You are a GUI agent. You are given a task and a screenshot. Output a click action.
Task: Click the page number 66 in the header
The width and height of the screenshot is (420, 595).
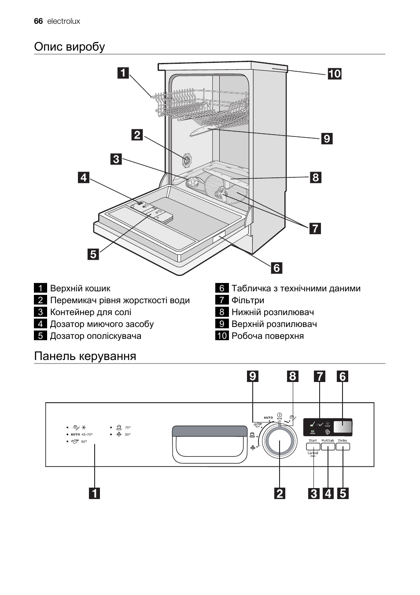(38, 21)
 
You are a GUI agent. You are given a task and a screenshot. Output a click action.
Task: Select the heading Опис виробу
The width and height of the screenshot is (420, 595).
(70, 47)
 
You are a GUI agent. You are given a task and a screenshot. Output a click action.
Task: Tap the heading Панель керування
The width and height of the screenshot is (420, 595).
(85, 356)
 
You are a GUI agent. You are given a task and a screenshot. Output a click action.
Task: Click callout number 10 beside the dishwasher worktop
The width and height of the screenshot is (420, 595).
(334, 73)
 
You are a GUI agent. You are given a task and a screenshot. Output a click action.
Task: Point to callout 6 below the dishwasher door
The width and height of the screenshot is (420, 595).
(276, 268)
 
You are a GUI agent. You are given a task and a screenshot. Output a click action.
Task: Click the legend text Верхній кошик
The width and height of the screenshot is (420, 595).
(80, 288)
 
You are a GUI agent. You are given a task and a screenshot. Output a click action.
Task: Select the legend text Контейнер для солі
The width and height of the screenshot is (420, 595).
(91, 312)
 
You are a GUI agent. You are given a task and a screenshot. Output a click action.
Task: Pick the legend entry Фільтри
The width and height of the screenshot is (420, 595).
(248, 300)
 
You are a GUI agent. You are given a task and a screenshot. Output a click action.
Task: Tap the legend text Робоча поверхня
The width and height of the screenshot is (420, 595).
(268, 336)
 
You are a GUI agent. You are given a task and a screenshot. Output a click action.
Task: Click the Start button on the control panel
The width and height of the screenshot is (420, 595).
(313, 446)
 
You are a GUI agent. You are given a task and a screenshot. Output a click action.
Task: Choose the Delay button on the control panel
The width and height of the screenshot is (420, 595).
(343, 446)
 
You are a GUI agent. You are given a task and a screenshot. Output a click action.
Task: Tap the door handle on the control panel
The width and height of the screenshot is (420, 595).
(210, 444)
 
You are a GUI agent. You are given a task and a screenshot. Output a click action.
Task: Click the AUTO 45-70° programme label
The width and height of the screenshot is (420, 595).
(82, 434)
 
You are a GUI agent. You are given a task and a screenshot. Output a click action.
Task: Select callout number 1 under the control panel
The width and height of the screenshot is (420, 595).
(94, 493)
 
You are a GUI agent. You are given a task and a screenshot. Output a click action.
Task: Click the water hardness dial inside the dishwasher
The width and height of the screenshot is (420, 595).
(188, 160)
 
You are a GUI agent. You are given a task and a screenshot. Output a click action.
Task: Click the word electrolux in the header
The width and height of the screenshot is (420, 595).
(63, 21)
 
